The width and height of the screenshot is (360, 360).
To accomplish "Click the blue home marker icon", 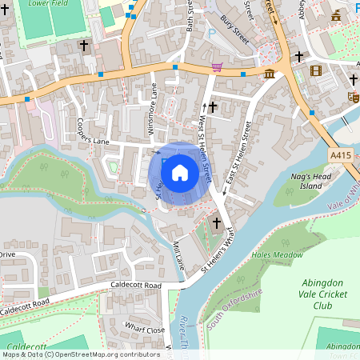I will point(180,171).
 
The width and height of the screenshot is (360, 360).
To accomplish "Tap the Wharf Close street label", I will point(145,327).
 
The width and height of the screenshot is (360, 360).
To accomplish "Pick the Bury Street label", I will point(235,34).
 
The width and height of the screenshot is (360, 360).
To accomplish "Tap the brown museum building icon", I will point(270,74).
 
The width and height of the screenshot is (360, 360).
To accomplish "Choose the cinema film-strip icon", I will point(316,71).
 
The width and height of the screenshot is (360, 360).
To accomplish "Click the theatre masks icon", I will point(353,97).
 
